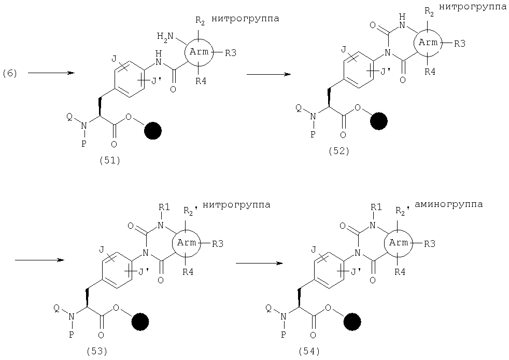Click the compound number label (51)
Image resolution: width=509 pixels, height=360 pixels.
pos(110,160)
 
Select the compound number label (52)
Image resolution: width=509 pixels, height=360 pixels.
pos(339,151)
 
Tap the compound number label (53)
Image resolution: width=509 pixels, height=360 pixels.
pos(97,351)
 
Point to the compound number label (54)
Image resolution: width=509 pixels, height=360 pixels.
pos(309,351)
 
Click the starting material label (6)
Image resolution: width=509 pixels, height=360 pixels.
pos(10,74)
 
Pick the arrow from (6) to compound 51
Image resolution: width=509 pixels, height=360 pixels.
pos(51,73)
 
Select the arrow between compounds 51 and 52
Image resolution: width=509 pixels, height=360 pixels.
pos(268,74)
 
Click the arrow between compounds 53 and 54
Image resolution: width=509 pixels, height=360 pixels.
pos(259,263)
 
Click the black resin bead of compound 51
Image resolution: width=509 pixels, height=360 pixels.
pos(152,131)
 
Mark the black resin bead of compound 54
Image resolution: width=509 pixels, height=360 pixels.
pos(352,322)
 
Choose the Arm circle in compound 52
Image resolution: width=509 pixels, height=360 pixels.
pos(428,43)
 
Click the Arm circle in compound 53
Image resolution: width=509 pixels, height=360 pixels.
pos(187,243)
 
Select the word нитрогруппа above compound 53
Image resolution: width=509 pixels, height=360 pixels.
pos(236,205)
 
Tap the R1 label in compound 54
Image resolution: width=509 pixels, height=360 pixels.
pos(376,207)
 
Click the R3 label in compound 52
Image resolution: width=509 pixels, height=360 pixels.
pos(460,43)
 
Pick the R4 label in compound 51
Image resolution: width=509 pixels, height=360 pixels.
pos(201,80)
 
